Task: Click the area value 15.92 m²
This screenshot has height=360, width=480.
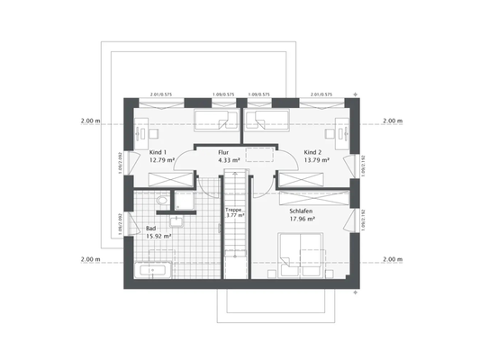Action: coord(159,238)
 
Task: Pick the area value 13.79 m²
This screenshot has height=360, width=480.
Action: coord(316,161)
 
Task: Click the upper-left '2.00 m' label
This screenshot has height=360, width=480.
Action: coord(89,120)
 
